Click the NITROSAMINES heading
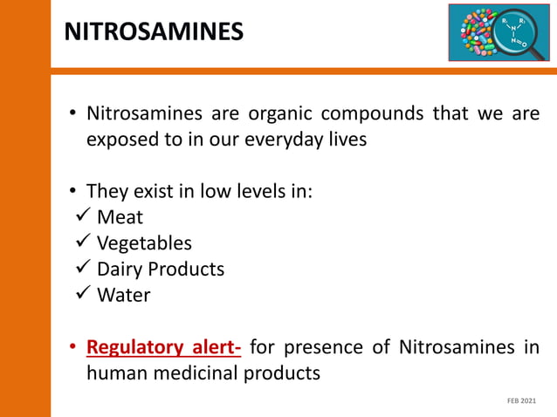coord(154,32)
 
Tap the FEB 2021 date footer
coord(522,400)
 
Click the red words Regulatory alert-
coord(163,349)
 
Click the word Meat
coord(120,217)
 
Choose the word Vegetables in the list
coord(144,243)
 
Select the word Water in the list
coord(123,296)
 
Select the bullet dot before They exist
coord(74,192)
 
